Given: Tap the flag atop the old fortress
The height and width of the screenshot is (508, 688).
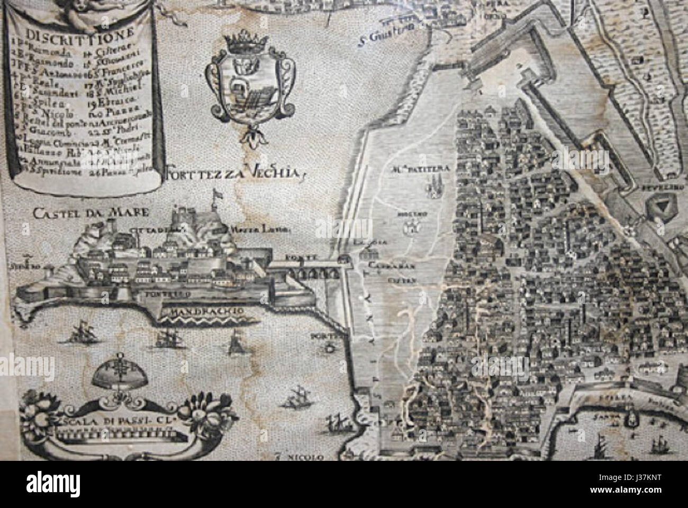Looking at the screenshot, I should tap(216, 197).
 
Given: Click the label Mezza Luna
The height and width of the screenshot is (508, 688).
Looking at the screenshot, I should tap(249, 230).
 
